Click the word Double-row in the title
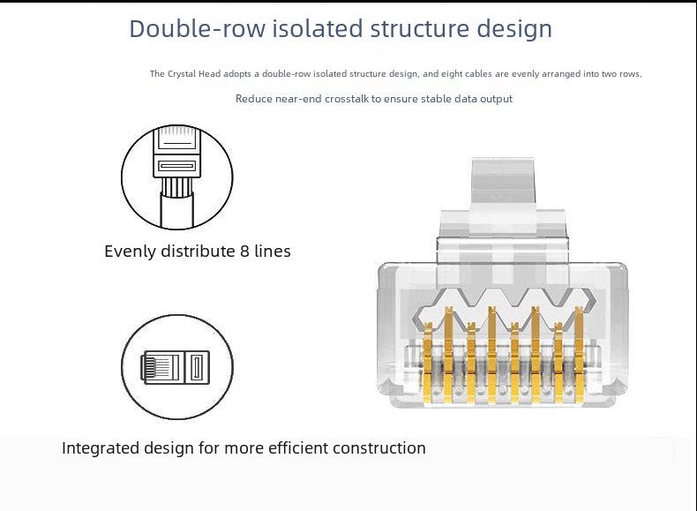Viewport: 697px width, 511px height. [x=198, y=28]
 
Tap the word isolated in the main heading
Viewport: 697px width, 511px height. [x=318, y=28]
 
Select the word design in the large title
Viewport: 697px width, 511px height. [x=514, y=29]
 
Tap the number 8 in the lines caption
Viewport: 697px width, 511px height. [x=245, y=252]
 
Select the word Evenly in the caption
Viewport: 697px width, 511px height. [x=131, y=252]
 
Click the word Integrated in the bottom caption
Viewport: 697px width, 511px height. [x=101, y=448]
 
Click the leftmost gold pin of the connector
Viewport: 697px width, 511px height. [x=428, y=363]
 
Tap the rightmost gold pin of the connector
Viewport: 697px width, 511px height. [x=579, y=355]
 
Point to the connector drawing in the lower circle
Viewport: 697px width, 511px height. [x=176, y=367]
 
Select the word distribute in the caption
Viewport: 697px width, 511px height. [x=198, y=252]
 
